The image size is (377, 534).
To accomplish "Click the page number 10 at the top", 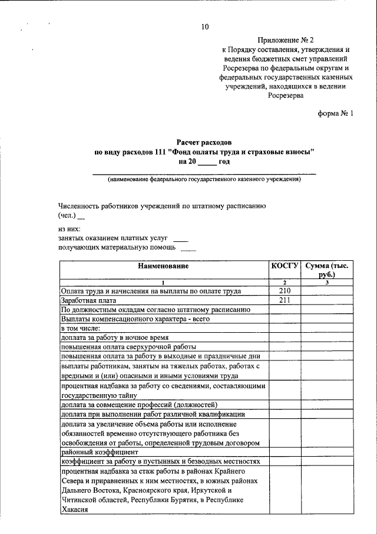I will point(204,27).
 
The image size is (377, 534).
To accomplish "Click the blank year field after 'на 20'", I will point(207,162).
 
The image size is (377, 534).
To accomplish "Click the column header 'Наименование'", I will point(163,267).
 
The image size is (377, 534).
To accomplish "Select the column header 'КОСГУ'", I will point(285,267).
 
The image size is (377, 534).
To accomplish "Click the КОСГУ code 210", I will point(285,291).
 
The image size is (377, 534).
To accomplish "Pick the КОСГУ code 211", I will point(285,300).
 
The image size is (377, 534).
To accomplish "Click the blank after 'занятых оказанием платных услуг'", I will point(181,239).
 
